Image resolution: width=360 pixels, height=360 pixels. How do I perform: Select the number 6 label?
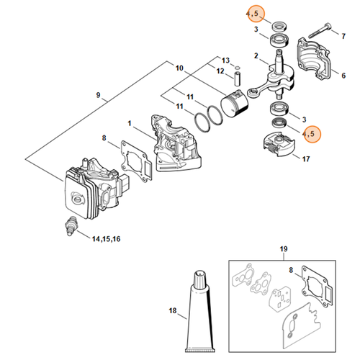pyautogui.click(x=179, y=69)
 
